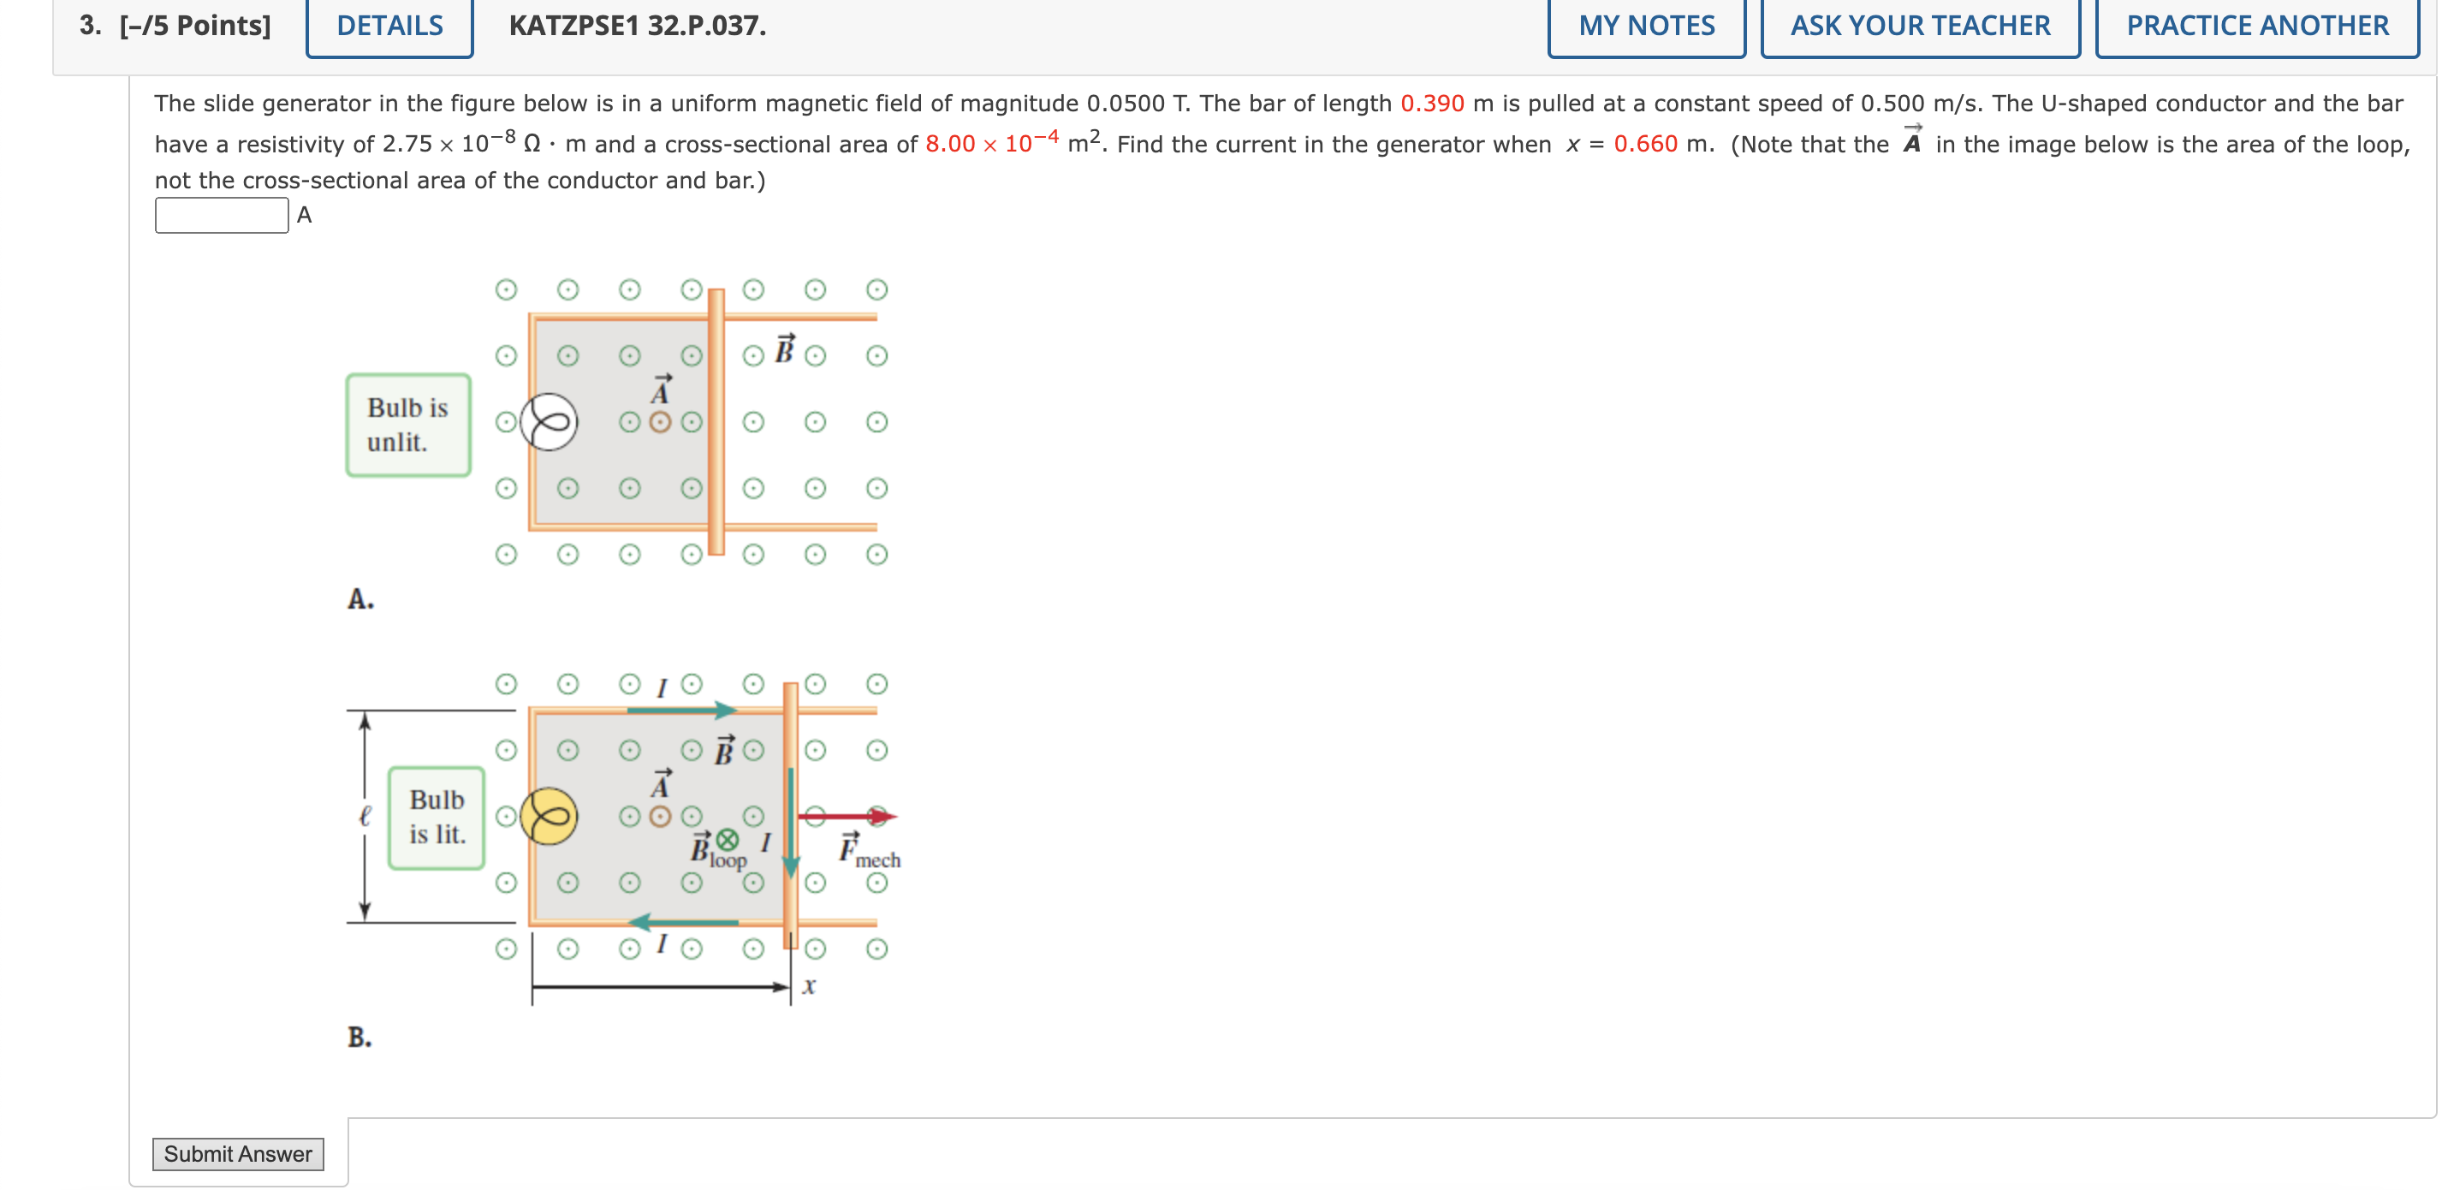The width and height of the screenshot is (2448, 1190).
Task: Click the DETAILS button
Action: [x=389, y=26]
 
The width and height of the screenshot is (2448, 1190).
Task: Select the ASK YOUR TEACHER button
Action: [x=1920, y=26]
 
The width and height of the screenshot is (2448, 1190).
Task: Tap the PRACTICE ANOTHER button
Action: [x=2257, y=26]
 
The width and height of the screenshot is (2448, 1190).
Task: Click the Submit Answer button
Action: [x=238, y=1153]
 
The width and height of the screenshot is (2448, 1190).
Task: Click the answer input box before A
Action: [x=222, y=215]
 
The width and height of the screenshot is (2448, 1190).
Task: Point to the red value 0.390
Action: [x=1431, y=104]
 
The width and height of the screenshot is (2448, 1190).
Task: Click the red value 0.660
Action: [x=1645, y=145]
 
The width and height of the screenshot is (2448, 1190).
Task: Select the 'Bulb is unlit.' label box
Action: [x=407, y=425]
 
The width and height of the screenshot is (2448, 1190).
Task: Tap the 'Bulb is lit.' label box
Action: [x=437, y=818]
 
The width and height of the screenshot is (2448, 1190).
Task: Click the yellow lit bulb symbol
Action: [x=550, y=817]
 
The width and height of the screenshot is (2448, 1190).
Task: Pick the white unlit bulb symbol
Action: [x=550, y=422]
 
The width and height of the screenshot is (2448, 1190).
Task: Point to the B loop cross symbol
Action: [x=727, y=839]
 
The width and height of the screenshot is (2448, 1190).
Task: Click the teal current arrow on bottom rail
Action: [x=683, y=922]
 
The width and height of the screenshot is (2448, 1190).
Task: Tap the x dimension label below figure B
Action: [x=809, y=985]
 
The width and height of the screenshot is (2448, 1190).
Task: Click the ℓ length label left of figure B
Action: [x=365, y=816]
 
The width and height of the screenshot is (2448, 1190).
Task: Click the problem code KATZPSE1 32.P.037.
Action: [x=637, y=26]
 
